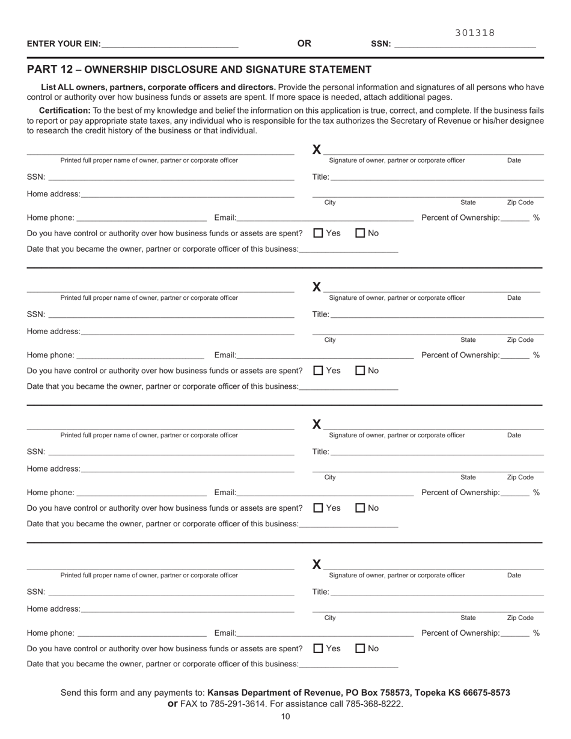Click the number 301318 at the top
coord(475,33)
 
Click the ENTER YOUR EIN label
coord(64,44)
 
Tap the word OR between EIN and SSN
coord(304,43)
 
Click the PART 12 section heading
coord(199,70)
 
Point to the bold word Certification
coord(65,111)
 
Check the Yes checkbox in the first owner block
coord(319,233)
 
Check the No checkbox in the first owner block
coord(361,233)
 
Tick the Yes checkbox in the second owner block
coord(319,371)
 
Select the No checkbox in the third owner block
coord(361,508)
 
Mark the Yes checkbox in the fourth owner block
coord(319,648)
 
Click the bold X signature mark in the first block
coord(317,150)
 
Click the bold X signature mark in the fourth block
coord(317,565)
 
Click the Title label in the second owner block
coord(320,314)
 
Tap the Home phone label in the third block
coord(50,493)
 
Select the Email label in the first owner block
coord(225,217)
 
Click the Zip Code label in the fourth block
coord(520,618)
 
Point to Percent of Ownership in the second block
coord(460,355)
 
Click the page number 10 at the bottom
coord(285,716)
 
